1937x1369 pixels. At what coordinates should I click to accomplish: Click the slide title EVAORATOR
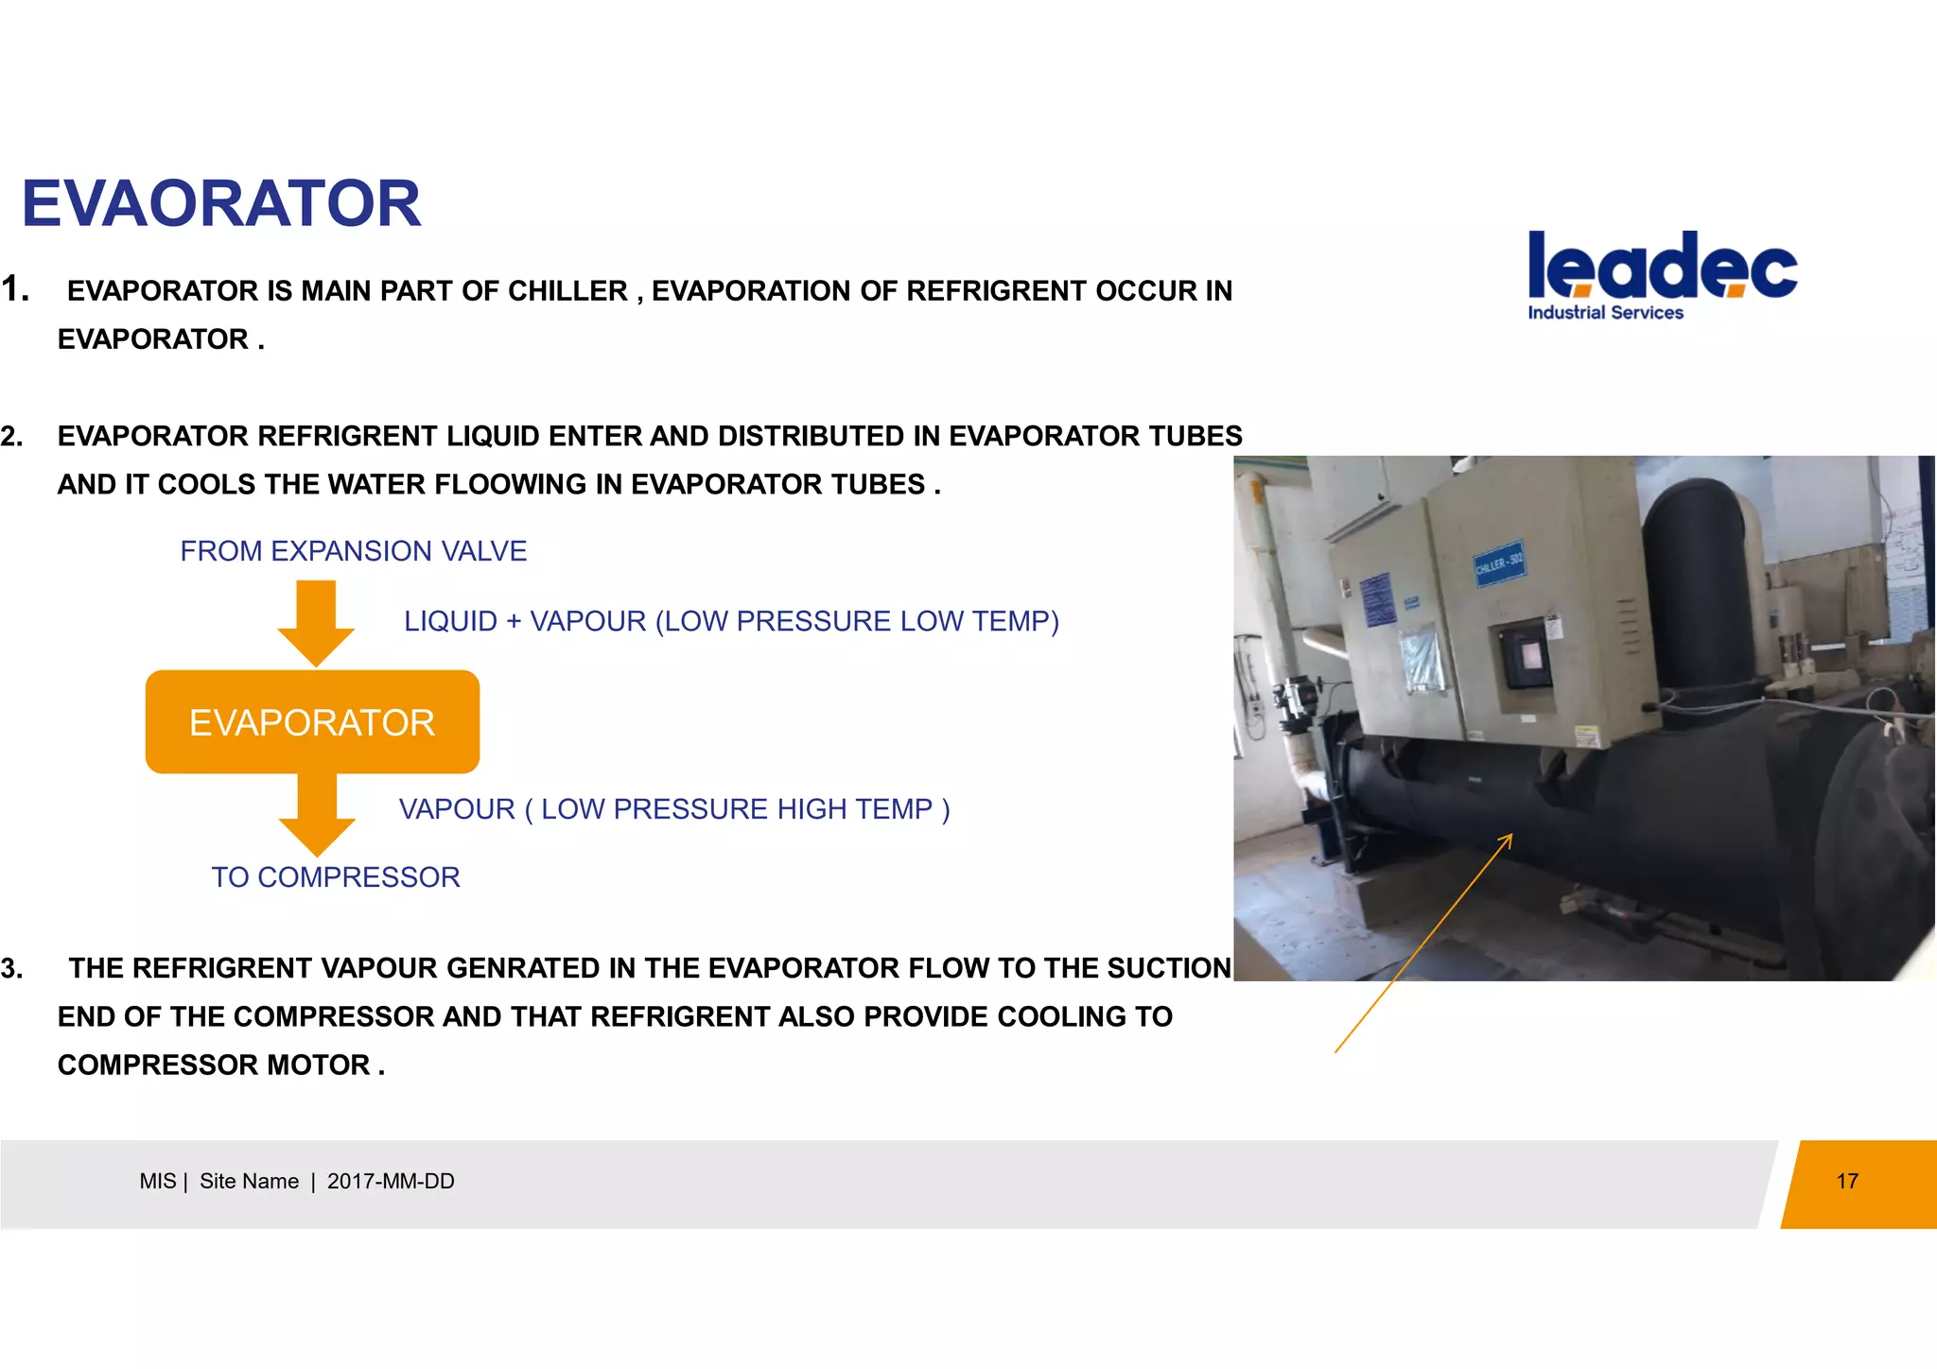[x=220, y=204]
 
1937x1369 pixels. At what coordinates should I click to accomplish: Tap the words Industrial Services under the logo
[x=1605, y=313]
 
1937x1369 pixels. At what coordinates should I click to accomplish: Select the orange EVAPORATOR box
[x=312, y=722]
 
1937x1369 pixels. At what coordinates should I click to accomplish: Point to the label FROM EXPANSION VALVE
[x=353, y=551]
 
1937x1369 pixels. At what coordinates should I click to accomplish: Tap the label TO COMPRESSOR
[x=336, y=877]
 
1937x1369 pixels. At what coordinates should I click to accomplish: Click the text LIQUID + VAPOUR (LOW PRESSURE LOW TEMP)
[x=730, y=621]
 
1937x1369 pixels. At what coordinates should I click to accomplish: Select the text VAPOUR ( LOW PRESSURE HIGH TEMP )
[x=673, y=809]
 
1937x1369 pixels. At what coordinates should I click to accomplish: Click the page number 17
[x=1846, y=1182]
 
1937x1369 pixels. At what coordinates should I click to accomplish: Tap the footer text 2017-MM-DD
[x=391, y=1182]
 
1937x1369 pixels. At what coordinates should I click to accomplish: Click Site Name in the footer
[x=249, y=1182]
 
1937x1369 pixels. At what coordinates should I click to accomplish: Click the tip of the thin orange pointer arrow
[x=1510, y=836]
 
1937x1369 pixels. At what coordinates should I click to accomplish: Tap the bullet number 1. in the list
[x=15, y=289]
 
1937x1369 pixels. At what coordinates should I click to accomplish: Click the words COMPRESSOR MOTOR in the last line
[x=214, y=1066]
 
